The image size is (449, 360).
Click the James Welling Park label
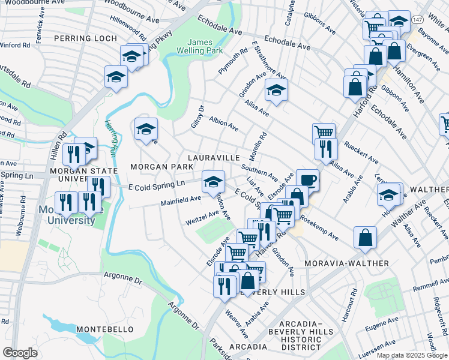[205, 47]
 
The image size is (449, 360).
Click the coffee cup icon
[307, 179]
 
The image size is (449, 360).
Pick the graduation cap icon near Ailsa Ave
[276, 90]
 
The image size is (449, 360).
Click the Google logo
[20, 353]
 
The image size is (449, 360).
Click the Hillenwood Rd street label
[128, 28]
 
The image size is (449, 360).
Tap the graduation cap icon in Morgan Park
[146, 128]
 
